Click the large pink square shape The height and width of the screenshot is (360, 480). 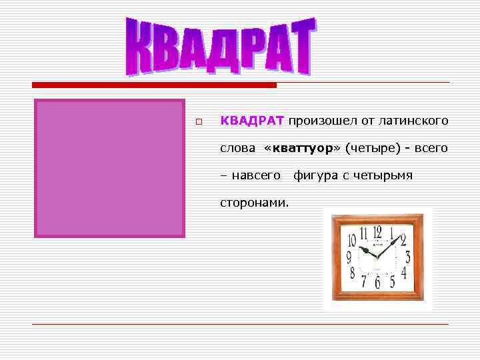click(x=109, y=168)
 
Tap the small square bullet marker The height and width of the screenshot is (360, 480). click(x=198, y=122)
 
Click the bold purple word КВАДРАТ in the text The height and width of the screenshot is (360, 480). click(x=252, y=121)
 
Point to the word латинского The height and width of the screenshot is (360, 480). click(x=413, y=121)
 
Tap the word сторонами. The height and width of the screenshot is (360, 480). click(x=255, y=201)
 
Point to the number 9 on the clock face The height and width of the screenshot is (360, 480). click(x=348, y=256)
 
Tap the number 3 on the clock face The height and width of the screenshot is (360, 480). click(x=407, y=257)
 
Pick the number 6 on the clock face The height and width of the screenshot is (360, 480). click(x=377, y=283)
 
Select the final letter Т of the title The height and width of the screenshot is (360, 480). click(x=299, y=45)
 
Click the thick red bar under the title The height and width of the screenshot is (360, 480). click(x=154, y=85)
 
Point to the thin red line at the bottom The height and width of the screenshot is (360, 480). click(x=240, y=325)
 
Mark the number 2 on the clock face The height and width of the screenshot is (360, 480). click(x=403, y=241)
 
